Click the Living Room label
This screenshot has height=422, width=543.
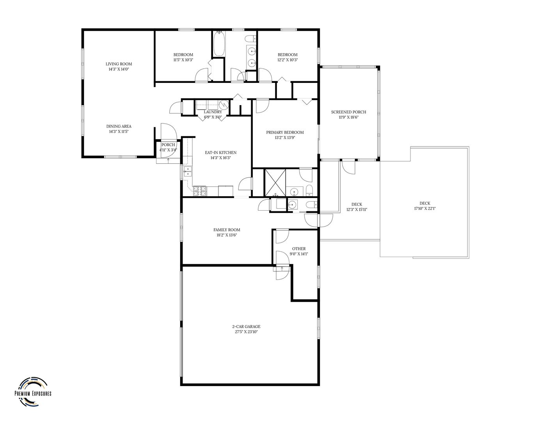click(x=119, y=64)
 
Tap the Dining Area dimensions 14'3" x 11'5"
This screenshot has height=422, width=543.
click(x=119, y=132)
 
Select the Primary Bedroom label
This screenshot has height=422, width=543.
click(x=285, y=132)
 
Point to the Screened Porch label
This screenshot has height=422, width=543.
click(x=349, y=112)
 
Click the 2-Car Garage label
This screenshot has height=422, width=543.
click(x=247, y=326)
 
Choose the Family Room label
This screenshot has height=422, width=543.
click(x=227, y=230)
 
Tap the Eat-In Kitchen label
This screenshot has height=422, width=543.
click(x=221, y=152)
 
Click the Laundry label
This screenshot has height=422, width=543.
click(x=213, y=112)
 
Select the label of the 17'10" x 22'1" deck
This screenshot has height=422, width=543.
click(x=425, y=203)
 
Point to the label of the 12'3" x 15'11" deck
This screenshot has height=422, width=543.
click(x=357, y=204)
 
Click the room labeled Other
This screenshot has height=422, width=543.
click(x=299, y=249)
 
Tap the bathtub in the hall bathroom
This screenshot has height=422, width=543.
click(x=219, y=43)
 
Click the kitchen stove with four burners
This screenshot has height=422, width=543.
click(x=200, y=191)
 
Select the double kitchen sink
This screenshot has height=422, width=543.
click(x=188, y=172)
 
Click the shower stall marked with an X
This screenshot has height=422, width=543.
click(x=275, y=183)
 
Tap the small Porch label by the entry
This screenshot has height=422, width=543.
click(x=168, y=145)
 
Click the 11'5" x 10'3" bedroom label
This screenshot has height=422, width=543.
click(x=183, y=55)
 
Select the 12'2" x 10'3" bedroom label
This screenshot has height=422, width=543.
click(x=287, y=55)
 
